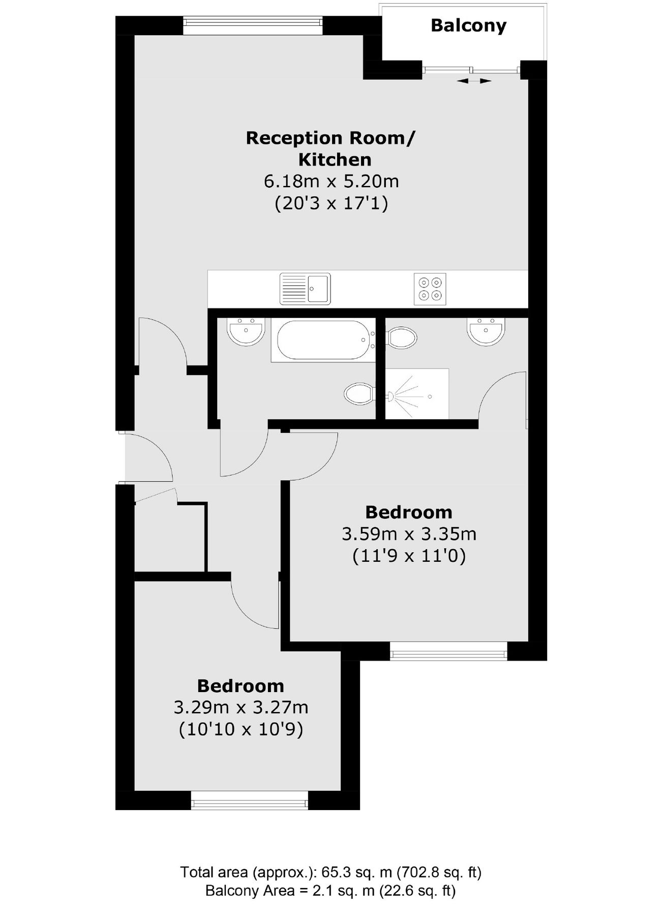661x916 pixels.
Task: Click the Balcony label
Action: (x=468, y=26)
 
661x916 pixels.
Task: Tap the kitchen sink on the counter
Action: (x=305, y=289)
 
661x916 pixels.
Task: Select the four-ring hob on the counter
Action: (x=430, y=289)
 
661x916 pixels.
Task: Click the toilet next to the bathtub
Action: (x=359, y=393)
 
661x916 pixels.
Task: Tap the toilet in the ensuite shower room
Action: (x=402, y=337)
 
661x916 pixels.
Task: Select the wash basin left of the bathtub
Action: (x=246, y=331)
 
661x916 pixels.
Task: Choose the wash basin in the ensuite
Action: (x=486, y=331)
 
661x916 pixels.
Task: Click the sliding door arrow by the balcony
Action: (x=474, y=80)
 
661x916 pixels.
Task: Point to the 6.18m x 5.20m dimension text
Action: (x=331, y=181)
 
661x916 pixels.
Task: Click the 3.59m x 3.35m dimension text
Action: (x=409, y=534)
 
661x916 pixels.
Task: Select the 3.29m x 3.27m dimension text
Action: (x=241, y=708)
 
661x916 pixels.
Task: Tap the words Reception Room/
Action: (x=330, y=138)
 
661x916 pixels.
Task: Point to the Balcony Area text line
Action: (x=330, y=891)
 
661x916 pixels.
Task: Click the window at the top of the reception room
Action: (x=253, y=25)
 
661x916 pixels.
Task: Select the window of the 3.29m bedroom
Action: (x=250, y=800)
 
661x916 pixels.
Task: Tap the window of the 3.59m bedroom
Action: (x=448, y=651)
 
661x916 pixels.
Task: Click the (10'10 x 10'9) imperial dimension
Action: (x=241, y=730)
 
